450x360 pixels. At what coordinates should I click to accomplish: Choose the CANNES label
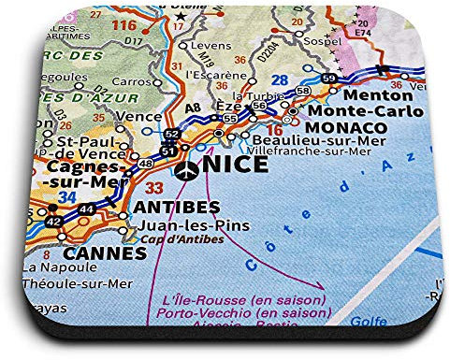point(92,253)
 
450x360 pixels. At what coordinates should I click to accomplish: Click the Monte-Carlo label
point(341,110)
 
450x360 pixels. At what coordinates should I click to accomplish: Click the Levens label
point(208,45)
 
